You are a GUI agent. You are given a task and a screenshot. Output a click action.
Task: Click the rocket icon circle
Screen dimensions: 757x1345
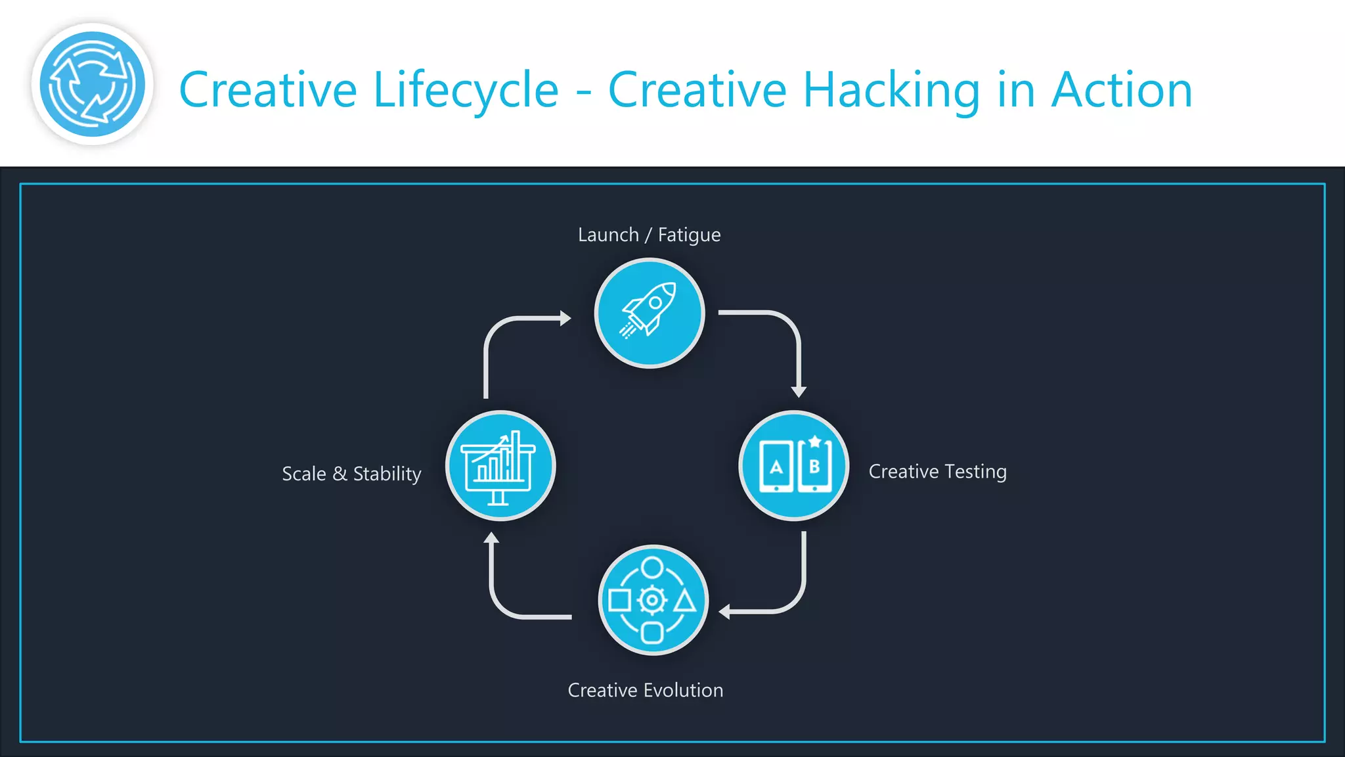[649, 313]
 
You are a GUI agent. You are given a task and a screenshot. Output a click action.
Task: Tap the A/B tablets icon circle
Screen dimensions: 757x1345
[793, 465]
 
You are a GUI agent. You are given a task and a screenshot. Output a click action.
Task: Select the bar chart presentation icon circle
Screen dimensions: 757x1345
[500, 465]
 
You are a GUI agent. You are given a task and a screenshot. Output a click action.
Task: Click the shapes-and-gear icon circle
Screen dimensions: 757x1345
[653, 599]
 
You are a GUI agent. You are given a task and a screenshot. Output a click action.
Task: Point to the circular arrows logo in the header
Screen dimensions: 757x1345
[92, 84]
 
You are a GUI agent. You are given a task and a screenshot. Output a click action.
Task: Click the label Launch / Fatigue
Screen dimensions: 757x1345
[649, 235]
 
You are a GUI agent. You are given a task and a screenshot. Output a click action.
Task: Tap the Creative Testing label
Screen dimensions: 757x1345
[937, 472]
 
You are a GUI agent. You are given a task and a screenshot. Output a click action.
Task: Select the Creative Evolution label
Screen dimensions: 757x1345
[645, 690]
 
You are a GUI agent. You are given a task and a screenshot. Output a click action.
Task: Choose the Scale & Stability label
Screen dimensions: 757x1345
[351, 474]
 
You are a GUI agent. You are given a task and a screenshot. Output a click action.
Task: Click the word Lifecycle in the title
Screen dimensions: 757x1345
[466, 90]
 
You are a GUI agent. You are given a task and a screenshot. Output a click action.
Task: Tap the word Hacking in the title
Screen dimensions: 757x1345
[891, 90]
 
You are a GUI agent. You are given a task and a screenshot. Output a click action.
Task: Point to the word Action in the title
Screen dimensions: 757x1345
[1122, 90]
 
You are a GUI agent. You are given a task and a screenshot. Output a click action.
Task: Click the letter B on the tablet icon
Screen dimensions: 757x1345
[814, 467]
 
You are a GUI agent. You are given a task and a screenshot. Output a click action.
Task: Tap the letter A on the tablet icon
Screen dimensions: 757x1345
[776, 467]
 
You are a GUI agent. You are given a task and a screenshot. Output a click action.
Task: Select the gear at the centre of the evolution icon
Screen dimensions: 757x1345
[652, 599]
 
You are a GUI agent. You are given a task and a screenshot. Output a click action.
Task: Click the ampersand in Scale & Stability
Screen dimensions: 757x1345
[340, 474]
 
